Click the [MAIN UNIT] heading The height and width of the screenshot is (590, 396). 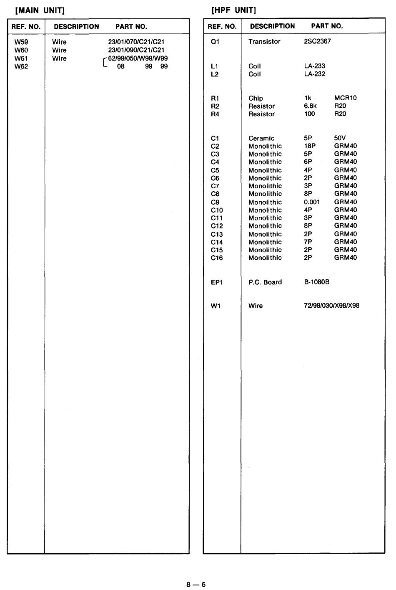pyautogui.click(x=40, y=10)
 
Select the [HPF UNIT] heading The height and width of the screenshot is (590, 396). pyautogui.click(x=233, y=10)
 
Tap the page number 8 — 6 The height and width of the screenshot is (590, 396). pyautogui.click(x=196, y=585)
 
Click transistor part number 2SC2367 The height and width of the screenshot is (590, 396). pyautogui.click(x=318, y=41)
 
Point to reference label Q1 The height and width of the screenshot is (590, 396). pyautogui.click(x=215, y=42)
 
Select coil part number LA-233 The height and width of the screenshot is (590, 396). pyautogui.click(x=315, y=66)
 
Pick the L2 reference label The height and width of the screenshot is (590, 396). pyautogui.click(x=215, y=74)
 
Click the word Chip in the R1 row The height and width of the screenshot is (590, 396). pyautogui.click(x=256, y=98)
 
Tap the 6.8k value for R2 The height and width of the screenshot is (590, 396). pyautogui.click(x=310, y=106)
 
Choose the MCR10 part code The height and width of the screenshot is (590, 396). pyautogui.click(x=345, y=98)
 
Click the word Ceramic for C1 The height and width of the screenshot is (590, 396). pyautogui.click(x=261, y=138)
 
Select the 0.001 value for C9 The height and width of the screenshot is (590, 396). pyautogui.click(x=312, y=202)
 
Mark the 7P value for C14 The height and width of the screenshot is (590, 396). pyautogui.click(x=308, y=242)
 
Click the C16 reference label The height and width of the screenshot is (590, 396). pyautogui.click(x=217, y=258)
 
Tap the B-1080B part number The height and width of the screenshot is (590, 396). pyautogui.click(x=317, y=282)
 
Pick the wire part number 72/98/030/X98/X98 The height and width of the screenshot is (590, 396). pyautogui.click(x=331, y=306)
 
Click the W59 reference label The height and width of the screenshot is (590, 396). pyautogui.click(x=21, y=42)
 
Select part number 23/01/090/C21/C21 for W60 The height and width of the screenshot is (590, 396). pyautogui.click(x=136, y=50)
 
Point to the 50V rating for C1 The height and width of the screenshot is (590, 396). pyautogui.click(x=340, y=138)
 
